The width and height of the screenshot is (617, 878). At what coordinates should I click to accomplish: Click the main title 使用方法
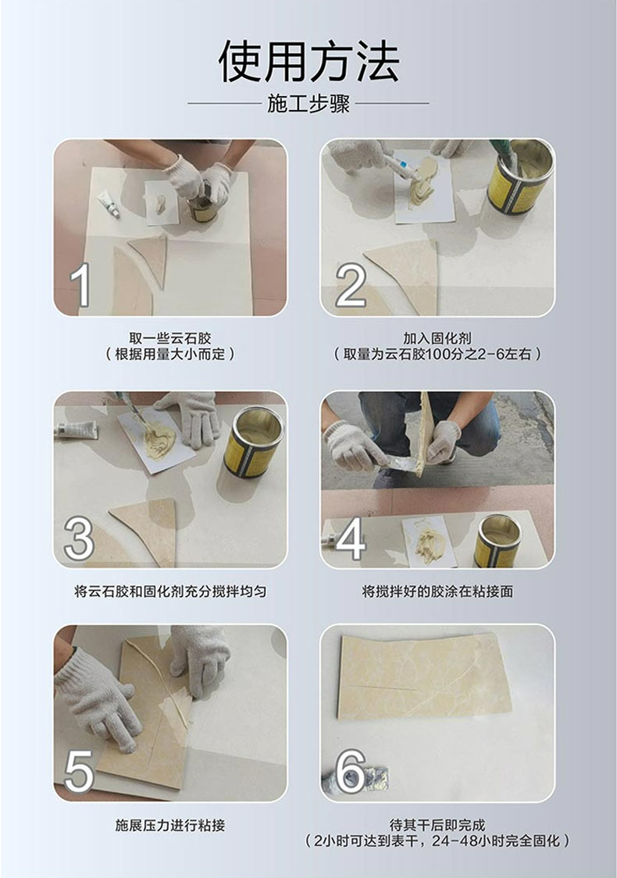(x=308, y=61)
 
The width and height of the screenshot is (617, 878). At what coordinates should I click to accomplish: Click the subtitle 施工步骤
(x=308, y=104)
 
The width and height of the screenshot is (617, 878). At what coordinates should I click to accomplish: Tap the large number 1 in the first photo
(x=80, y=285)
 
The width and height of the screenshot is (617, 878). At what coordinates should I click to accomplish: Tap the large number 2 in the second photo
(x=351, y=285)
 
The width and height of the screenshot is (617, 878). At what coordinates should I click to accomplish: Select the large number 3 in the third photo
(x=79, y=539)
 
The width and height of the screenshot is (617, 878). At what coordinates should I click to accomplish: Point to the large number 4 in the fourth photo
(x=350, y=539)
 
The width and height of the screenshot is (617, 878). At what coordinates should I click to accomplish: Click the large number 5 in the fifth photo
(x=79, y=771)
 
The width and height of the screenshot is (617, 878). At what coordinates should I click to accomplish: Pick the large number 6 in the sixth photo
(x=351, y=771)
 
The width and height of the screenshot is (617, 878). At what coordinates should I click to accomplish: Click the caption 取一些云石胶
(x=170, y=338)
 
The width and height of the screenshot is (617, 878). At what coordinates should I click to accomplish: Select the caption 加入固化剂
(x=437, y=338)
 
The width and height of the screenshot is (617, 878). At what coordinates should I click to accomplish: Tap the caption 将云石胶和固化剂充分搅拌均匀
(x=170, y=591)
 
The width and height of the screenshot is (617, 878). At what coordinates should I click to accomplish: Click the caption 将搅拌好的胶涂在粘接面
(x=437, y=591)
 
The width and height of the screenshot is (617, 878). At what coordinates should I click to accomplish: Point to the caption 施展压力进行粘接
(x=170, y=825)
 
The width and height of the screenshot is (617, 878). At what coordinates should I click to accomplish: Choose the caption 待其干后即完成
(x=437, y=825)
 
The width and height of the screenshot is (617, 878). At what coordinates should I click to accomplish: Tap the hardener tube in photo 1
(x=108, y=205)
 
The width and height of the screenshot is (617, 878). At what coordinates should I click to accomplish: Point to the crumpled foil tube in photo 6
(x=355, y=776)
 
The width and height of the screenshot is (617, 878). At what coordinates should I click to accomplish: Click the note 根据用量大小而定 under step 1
(x=170, y=354)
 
